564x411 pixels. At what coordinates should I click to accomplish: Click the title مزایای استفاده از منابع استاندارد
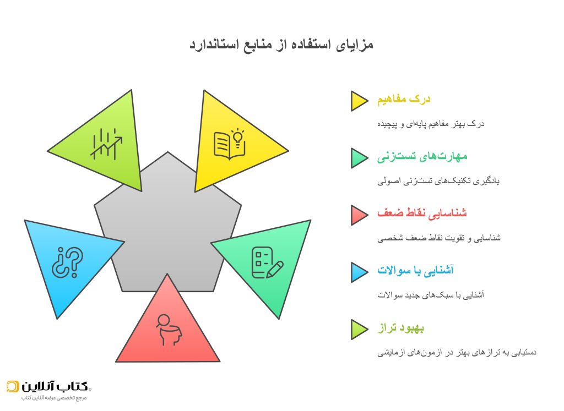[281, 45]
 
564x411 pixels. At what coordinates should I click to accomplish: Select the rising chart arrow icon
[106, 144]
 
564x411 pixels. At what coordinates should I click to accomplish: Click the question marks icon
[67, 261]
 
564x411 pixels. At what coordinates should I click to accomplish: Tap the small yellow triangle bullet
[358, 101]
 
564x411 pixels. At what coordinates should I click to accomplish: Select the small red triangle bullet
[358, 215]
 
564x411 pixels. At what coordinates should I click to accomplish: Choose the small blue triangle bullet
[358, 272]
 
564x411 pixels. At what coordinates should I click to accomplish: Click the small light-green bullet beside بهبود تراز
[358, 329]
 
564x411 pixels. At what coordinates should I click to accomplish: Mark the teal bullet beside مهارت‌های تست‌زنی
[358, 157]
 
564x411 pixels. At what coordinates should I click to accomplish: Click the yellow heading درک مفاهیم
[404, 100]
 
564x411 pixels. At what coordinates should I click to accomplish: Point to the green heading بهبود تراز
[400, 328]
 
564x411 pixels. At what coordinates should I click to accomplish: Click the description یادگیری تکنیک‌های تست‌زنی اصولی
[438, 180]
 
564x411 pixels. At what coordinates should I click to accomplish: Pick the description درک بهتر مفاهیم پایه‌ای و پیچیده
[431, 124]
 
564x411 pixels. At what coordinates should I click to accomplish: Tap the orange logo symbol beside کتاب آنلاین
[13, 386]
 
